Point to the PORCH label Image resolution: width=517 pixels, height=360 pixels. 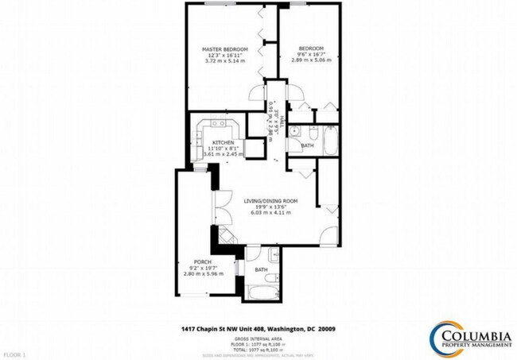click(202, 261)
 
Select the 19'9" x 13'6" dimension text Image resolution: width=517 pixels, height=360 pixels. click(266, 208)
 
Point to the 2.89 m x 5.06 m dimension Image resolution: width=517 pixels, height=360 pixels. click(308, 60)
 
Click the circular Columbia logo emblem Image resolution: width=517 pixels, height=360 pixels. click(440, 336)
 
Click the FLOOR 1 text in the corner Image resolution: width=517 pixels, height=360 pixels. click(14, 353)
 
